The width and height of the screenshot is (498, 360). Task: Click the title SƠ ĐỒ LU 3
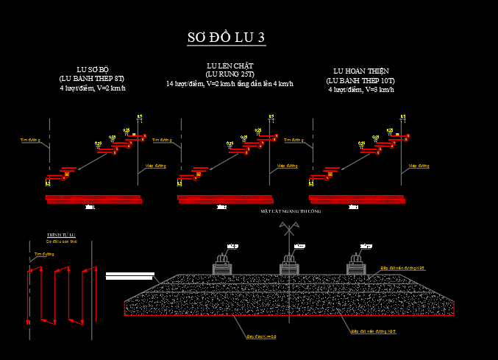click(226, 38)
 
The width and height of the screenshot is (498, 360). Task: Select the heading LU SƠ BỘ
click(93, 68)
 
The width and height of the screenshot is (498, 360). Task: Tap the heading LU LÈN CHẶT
click(230, 66)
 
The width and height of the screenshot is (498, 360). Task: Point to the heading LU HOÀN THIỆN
click(361, 71)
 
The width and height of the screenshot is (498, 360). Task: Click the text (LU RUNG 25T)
click(230, 74)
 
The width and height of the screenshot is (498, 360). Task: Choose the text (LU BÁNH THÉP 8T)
click(93, 78)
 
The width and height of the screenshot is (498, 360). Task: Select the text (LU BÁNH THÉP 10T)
click(361, 80)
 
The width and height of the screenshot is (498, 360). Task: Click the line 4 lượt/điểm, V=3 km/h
click(361, 89)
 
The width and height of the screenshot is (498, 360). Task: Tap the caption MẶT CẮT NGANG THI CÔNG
click(291, 211)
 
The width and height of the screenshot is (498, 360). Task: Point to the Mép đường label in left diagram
click(154, 166)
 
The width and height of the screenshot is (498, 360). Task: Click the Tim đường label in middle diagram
click(293, 139)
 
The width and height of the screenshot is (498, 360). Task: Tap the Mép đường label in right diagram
click(418, 166)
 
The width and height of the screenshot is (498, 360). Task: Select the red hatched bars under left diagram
click(93, 198)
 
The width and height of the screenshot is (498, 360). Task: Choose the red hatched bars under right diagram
click(358, 198)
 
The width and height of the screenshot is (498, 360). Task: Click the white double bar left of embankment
click(129, 276)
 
